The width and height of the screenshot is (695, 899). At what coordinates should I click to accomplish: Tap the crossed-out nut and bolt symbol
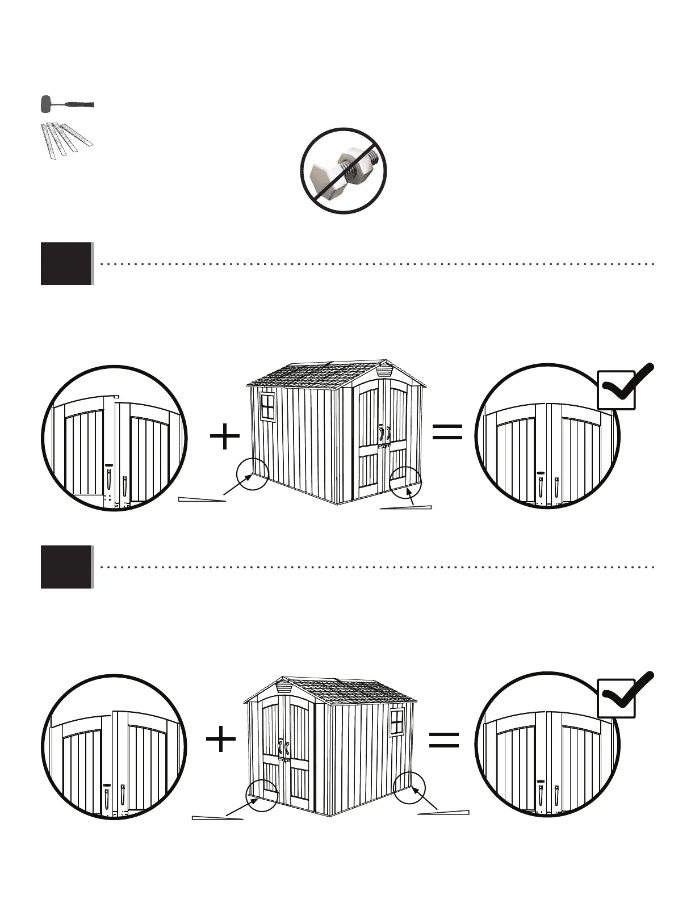coord(343,171)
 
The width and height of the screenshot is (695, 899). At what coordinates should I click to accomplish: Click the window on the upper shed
coord(267,406)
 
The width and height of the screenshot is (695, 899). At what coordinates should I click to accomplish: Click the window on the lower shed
coord(397,721)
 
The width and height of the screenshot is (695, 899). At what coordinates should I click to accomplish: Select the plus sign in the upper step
coord(225,438)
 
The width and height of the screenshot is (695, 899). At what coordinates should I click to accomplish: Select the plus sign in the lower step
coord(221,741)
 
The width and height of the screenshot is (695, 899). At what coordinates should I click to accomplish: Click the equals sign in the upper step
coord(447,432)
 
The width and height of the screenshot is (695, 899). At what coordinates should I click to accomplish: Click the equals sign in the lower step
coord(444,740)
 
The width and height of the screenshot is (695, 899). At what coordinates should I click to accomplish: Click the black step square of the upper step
coord(66,264)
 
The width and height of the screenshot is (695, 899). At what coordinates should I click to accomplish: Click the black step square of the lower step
coord(66,567)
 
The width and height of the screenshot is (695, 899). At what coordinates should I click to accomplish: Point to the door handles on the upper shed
coord(385,434)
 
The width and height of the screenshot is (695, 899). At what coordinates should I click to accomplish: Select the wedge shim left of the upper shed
coord(202,499)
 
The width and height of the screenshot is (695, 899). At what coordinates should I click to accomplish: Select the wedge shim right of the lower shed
coord(443,813)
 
